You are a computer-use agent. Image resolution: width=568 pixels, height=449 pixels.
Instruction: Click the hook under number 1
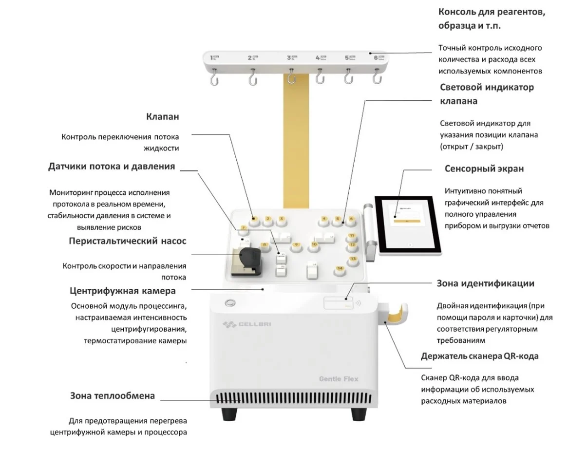point(213,78)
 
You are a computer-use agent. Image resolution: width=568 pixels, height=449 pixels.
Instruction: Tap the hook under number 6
point(376,77)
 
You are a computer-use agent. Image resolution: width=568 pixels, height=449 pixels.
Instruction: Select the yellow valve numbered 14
point(340,269)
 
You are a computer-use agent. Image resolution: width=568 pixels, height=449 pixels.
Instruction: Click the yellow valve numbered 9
point(296,245)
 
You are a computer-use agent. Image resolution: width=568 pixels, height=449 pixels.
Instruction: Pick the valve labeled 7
point(244,228)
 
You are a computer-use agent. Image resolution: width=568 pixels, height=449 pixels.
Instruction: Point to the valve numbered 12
point(352,245)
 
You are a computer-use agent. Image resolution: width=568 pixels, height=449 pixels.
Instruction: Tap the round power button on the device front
point(229,303)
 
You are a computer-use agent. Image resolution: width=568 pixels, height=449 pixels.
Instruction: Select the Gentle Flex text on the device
point(339,379)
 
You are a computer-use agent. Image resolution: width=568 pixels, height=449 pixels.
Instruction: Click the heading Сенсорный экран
point(484,169)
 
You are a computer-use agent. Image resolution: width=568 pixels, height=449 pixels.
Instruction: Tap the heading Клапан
point(162,117)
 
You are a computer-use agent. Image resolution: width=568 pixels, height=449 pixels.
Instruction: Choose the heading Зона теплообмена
point(113,396)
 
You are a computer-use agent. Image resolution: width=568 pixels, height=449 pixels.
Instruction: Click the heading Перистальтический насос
point(127,241)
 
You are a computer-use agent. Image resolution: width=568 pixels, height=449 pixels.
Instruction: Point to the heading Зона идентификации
point(485,283)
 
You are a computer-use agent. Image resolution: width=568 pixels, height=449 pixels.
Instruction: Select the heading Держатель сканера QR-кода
point(479,356)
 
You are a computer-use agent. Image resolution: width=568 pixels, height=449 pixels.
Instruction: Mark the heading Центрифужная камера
point(123,291)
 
